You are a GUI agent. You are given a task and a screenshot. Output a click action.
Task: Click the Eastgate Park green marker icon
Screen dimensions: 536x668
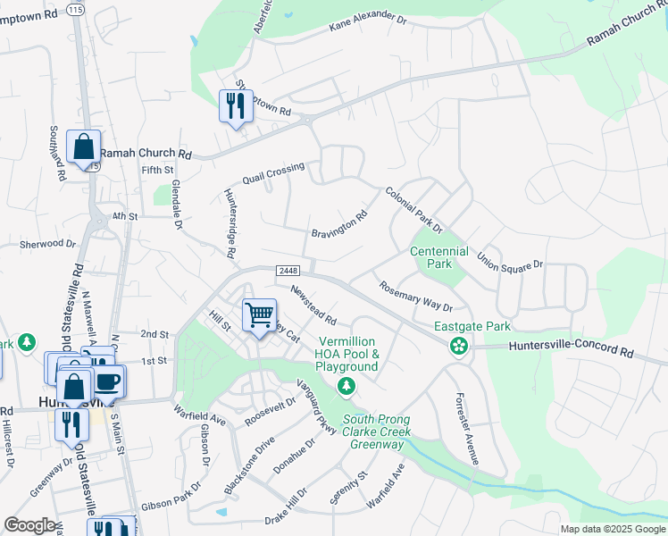click(459, 346)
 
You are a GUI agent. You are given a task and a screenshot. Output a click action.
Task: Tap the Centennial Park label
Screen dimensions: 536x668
click(439, 257)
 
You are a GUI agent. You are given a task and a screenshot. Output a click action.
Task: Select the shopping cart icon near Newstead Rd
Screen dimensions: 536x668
click(259, 314)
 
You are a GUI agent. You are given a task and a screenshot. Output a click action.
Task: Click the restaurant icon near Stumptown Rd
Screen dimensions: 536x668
click(236, 105)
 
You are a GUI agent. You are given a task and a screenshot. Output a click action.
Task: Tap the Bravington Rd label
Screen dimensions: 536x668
click(339, 224)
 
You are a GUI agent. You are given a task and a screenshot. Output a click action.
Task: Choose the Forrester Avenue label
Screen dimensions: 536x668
click(466, 429)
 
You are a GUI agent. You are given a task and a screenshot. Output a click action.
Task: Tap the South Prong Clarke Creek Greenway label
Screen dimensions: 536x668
click(376, 432)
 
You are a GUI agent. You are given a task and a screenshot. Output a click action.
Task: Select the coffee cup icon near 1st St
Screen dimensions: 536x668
click(108, 381)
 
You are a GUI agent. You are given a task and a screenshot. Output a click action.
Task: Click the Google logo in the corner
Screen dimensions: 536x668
click(29, 525)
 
